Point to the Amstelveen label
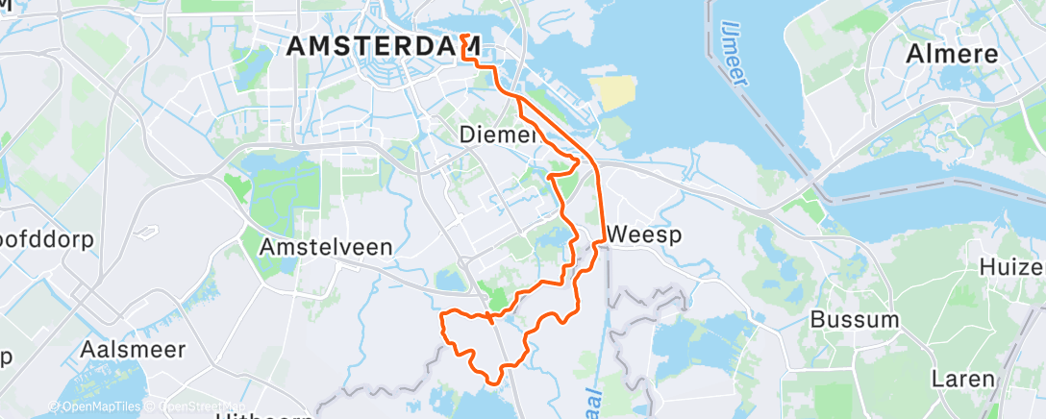point(326,247)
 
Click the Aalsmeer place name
point(134,349)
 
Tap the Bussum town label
point(856,319)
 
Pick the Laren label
point(963,379)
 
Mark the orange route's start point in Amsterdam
point(463,36)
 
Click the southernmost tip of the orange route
point(494,382)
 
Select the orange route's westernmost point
point(440,315)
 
